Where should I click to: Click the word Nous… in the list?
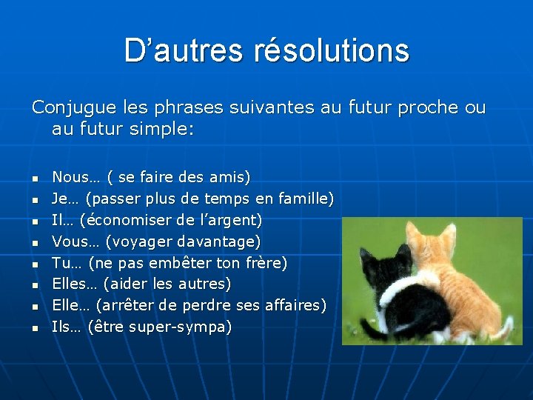click(x=76, y=177)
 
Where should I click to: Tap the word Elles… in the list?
click(x=74, y=284)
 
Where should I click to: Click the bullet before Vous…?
click(x=34, y=242)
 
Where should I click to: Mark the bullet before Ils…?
click(x=34, y=327)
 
